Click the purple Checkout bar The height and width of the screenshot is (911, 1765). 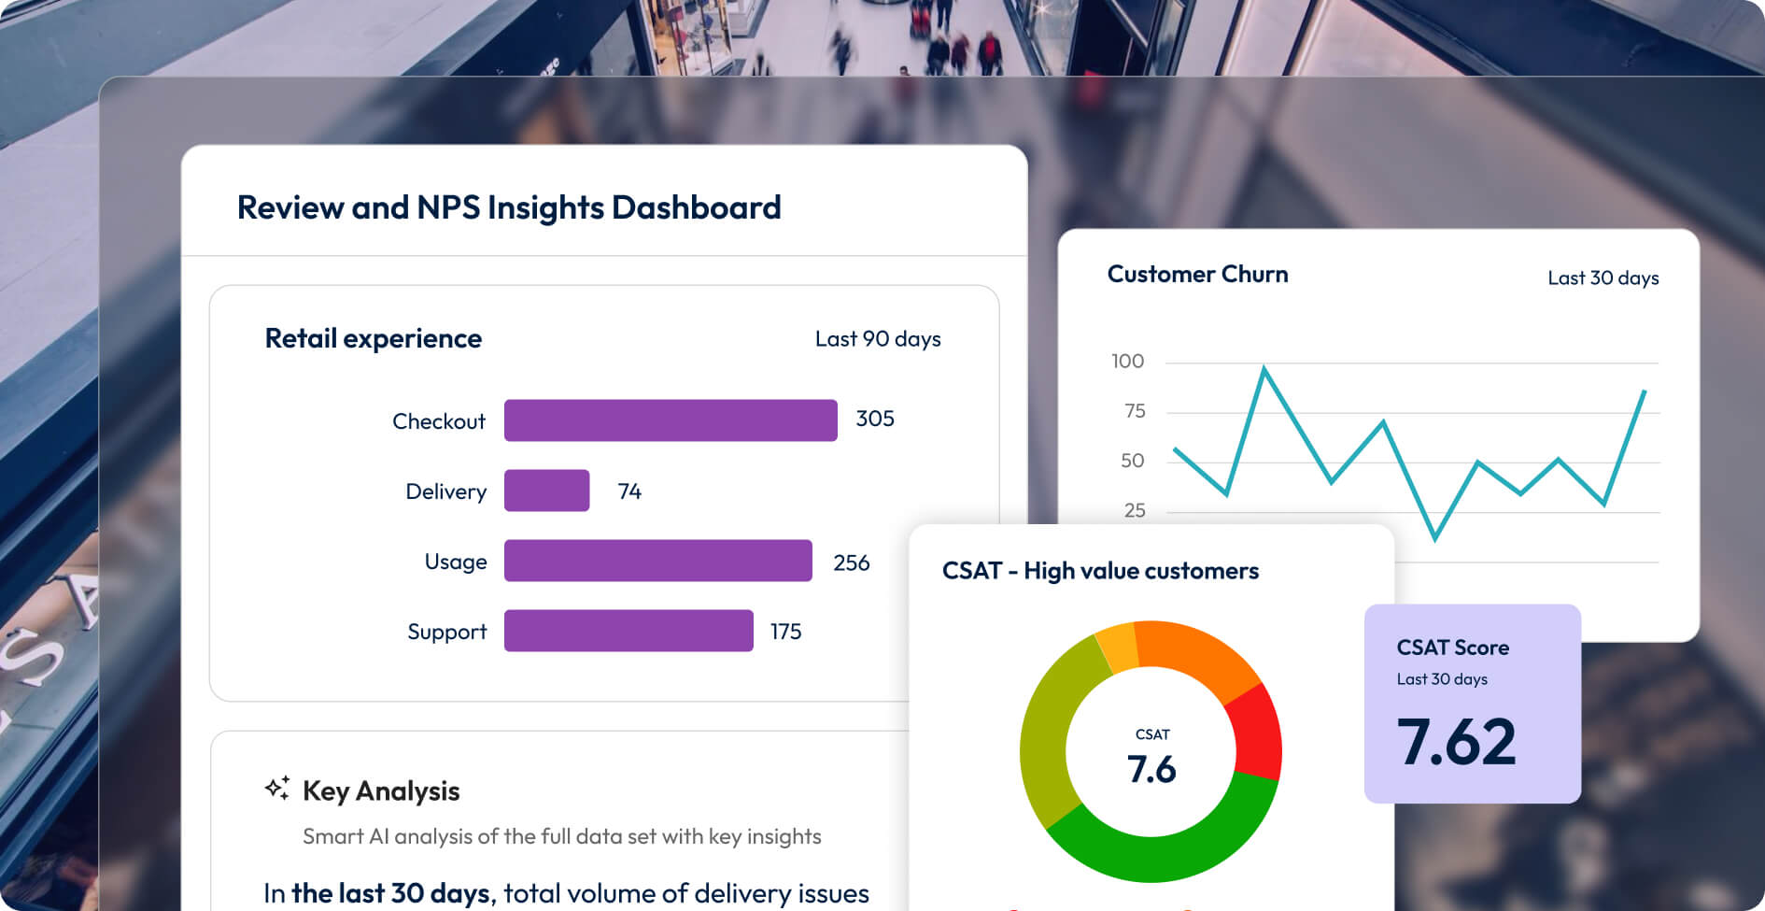670,420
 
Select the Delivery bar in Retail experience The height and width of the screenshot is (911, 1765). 546,491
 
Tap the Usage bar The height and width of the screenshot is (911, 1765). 657,561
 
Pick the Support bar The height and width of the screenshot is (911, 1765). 628,631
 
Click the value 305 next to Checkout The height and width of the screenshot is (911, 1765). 875,419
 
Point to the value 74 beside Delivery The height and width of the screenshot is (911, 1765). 629,491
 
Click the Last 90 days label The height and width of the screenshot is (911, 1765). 877,339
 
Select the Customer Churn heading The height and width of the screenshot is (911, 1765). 1197,274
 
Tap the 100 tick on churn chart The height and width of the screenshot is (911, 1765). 1127,362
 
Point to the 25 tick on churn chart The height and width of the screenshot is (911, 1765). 1134,510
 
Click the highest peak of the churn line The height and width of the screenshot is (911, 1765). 1264,369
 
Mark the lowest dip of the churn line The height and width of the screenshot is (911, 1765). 1434,538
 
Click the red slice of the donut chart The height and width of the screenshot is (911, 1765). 1256,731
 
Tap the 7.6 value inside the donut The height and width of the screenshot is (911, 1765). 1151,769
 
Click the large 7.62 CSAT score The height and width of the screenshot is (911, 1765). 1456,742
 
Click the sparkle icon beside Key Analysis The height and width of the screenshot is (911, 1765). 276,789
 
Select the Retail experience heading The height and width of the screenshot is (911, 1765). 373,338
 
